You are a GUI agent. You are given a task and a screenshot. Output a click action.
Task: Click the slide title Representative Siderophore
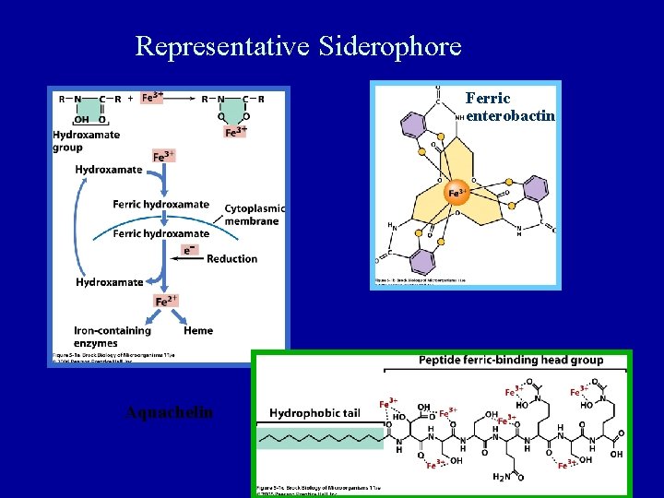click(x=298, y=46)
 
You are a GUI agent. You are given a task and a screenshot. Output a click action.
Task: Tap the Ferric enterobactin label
click(x=510, y=107)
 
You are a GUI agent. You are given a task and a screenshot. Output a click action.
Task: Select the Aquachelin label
click(x=169, y=412)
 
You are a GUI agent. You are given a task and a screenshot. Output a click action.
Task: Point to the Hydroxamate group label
click(x=86, y=140)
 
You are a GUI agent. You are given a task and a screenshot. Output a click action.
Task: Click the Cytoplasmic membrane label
click(x=254, y=215)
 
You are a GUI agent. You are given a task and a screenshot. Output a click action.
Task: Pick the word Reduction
click(x=231, y=258)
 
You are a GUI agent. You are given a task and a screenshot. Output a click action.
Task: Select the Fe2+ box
click(x=166, y=301)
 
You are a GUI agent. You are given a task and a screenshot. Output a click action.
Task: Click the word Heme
click(x=198, y=330)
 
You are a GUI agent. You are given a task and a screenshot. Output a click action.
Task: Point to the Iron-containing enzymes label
click(x=113, y=336)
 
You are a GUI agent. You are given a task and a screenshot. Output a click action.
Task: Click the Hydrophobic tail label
click(x=314, y=413)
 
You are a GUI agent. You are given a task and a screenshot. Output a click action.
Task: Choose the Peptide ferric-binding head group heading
click(x=510, y=360)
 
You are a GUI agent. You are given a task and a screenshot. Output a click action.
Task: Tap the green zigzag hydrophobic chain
click(x=321, y=438)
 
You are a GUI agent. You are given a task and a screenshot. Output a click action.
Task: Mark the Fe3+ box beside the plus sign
click(x=152, y=97)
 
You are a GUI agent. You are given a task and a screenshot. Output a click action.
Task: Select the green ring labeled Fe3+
click(x=235, y=116)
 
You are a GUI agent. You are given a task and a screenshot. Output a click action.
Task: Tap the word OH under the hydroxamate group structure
click(x=81, y=118)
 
